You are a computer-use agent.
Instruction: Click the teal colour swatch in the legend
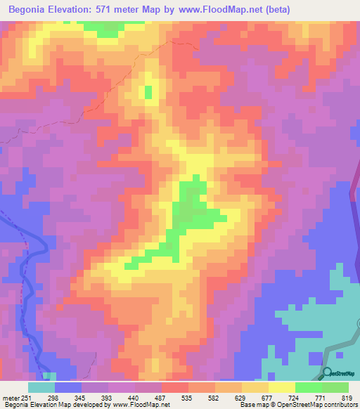[x=41, y=387]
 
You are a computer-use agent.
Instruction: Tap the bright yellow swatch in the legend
[x=282, y=387]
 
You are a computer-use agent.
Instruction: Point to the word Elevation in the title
[x=79, y=11]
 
